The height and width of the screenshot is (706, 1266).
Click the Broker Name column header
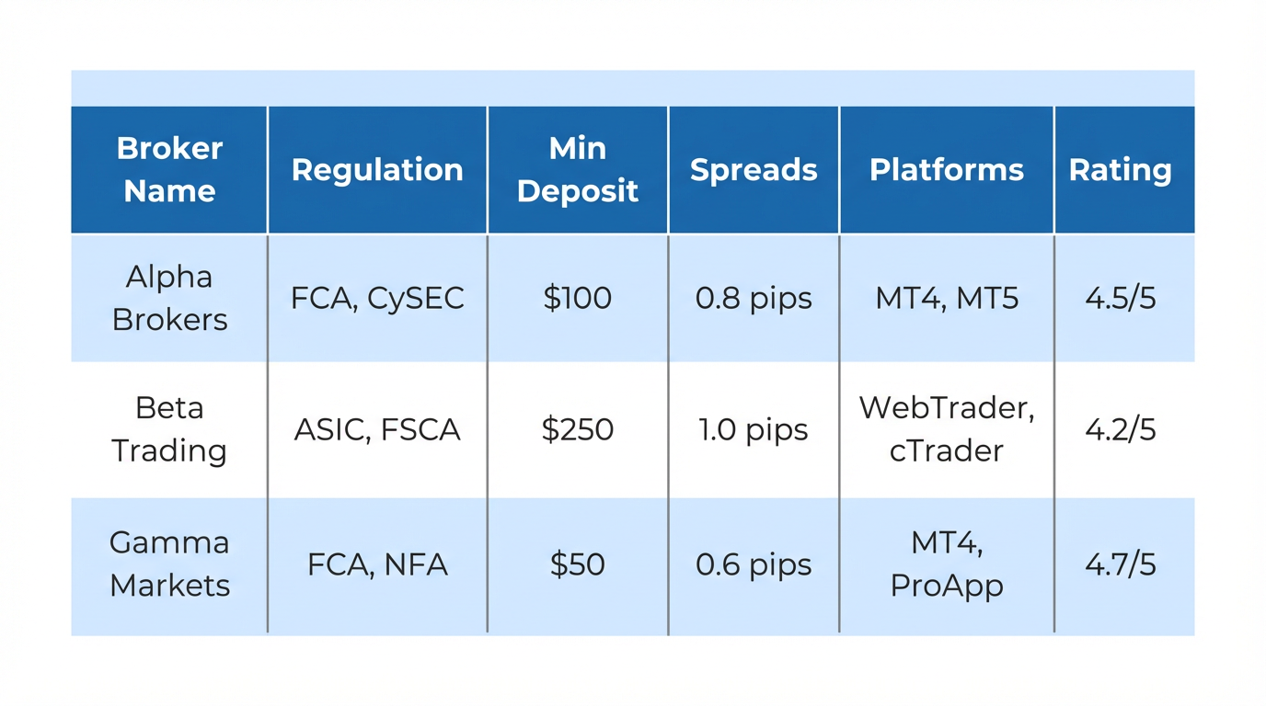tap(169, 169)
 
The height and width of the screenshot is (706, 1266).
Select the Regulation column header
tap(377, 170)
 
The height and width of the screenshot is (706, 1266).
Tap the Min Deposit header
tap(578, 169)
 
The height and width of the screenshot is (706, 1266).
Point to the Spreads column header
tap(754, 170)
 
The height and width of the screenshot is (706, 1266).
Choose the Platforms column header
tap(947, 170)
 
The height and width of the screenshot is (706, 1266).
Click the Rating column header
tap(1120, 170)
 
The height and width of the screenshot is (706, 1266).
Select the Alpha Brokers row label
tap(169, 298)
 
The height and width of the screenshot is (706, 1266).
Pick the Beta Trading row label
tap(169, 429)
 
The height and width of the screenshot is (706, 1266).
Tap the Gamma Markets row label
tap(169, 564)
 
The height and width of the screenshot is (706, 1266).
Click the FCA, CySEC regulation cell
tap(377, 298)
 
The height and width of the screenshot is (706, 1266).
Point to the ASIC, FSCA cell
tap(377, 429)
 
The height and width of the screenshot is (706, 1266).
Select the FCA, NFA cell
tap(377, 564)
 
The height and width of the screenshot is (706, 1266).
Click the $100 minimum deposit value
tap(578, 298)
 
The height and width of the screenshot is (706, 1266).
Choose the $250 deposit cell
tap(578, 429)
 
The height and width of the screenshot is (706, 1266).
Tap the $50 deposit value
tap(578, 564)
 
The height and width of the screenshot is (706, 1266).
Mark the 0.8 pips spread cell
tap(754, 298)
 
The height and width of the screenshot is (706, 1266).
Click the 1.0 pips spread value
tap(754, 429)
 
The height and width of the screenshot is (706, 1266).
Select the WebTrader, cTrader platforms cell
tap(947, 429)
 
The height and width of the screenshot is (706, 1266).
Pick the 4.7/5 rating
tap(1120, 564)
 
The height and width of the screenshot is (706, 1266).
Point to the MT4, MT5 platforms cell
tap(947, 298)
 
